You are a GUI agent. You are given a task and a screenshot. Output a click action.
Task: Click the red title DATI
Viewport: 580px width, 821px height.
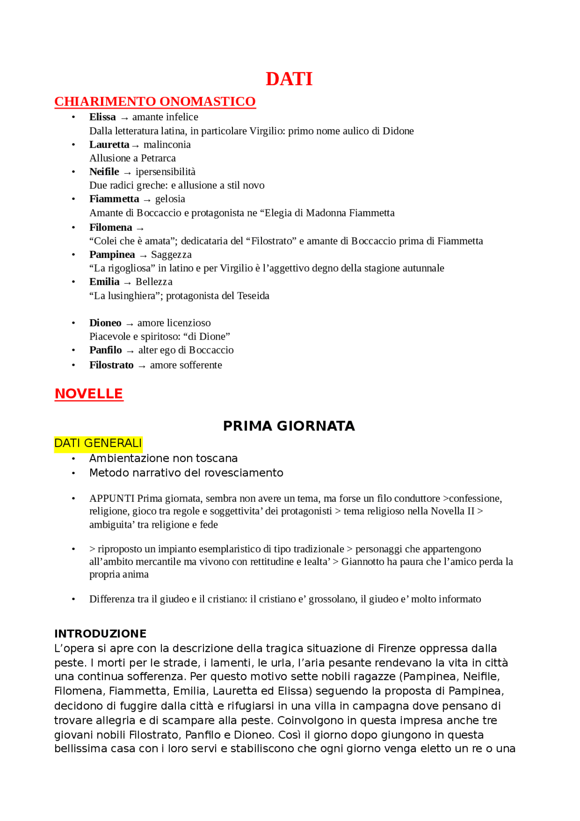[289, 79]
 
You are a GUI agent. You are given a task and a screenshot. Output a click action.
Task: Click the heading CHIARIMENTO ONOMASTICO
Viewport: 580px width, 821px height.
[155, 101]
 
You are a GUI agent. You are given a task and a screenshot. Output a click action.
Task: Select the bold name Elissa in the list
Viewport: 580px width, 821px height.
[102, 117]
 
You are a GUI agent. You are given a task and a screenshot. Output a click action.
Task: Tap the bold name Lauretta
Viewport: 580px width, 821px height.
[109, 145]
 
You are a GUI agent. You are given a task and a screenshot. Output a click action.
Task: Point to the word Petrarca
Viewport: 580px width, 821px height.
[158, 158]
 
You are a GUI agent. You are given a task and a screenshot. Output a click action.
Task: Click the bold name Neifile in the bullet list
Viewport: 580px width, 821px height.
[104, 172]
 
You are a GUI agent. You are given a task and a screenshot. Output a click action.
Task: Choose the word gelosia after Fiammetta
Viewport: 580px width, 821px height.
[170, 199]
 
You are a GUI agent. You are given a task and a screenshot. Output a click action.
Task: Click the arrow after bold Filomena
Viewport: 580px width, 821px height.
[140, 228]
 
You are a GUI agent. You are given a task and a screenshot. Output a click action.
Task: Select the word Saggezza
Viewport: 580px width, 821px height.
[171, 255]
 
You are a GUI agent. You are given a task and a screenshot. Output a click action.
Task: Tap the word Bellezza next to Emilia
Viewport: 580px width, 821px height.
[154, 282]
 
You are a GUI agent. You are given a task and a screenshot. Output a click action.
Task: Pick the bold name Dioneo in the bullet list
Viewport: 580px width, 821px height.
[105, 323]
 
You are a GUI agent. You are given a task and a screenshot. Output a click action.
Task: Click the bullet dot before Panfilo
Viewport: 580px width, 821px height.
[73, 350]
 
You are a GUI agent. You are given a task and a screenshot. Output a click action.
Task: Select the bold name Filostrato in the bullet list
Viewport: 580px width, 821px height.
[111, 365]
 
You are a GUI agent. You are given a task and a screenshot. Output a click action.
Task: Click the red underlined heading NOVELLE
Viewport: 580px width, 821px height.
[89, 393]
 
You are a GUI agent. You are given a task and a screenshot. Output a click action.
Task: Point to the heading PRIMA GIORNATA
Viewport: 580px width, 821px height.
[289, 426]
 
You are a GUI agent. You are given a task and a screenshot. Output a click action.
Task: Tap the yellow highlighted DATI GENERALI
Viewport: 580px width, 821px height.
[98, 443]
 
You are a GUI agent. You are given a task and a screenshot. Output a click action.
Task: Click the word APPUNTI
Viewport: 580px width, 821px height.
[112, 499]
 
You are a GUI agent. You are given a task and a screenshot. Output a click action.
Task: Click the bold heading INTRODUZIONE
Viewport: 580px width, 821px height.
[100, 634]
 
